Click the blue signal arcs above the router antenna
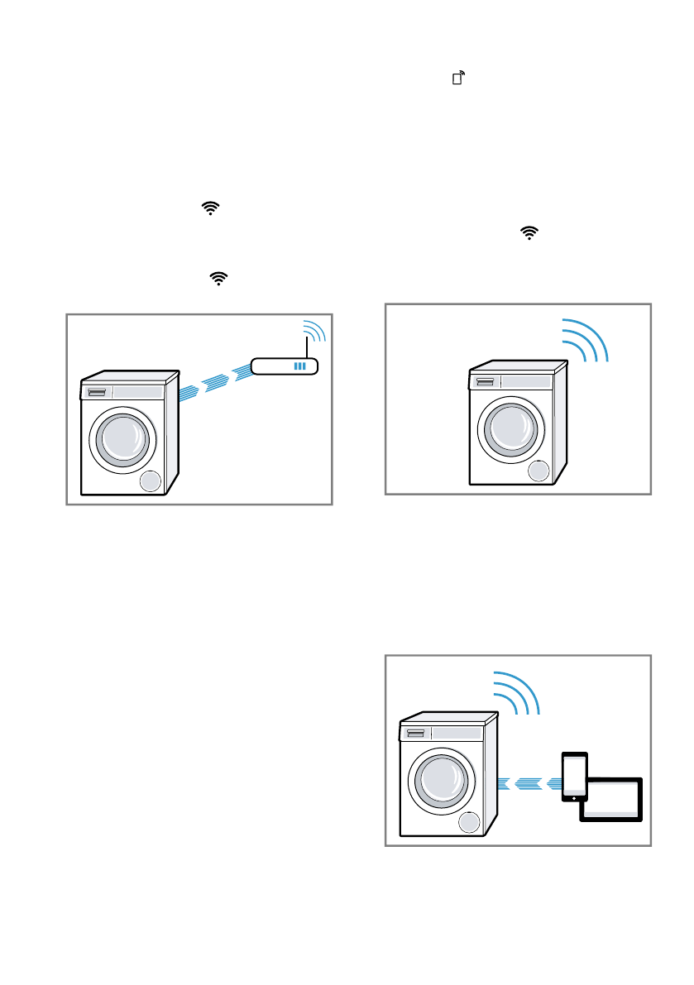315,330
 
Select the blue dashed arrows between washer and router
214,382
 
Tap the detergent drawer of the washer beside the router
97,391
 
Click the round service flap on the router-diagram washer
151,483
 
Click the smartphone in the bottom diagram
574,776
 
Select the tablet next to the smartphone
611,799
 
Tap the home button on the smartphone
574,797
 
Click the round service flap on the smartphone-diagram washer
470,824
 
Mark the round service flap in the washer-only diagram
538,472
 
